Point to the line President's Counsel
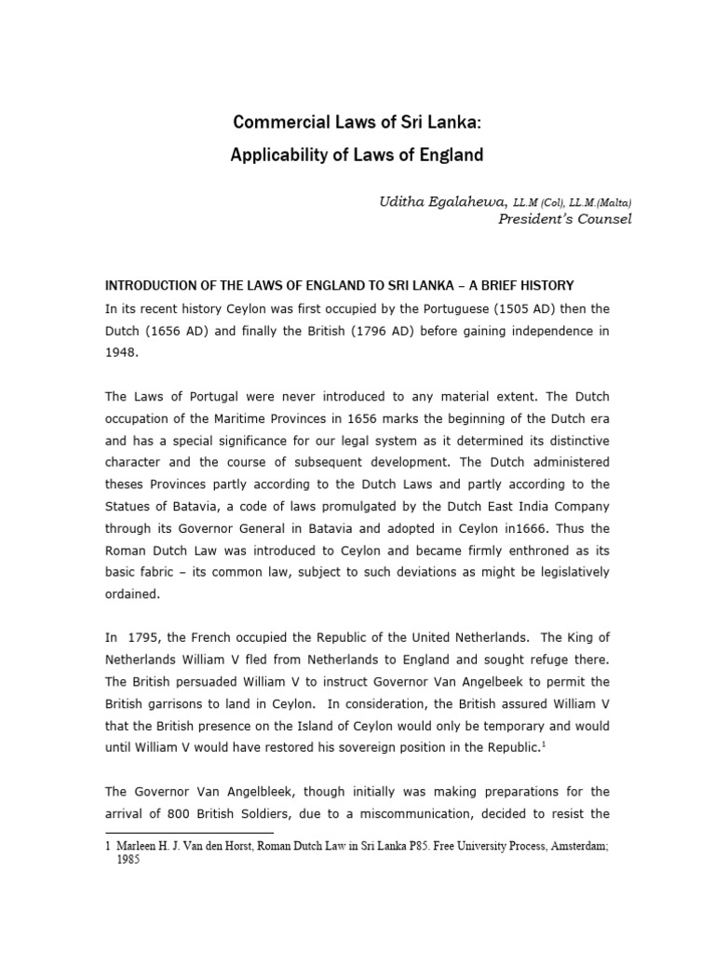(x=565, y=219)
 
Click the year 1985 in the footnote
(x=128, y=862)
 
